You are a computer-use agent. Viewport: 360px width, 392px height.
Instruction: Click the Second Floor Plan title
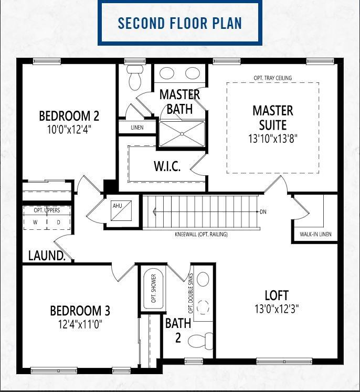tap(180, 23)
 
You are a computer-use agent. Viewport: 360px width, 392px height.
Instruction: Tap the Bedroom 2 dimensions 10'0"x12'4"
tap(69, 130)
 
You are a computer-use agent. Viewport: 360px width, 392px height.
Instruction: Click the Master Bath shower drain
tap(182, 134)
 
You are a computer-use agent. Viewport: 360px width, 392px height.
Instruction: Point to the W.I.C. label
tap(167, 166)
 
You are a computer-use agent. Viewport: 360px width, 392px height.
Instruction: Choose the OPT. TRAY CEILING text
tap(273, 78)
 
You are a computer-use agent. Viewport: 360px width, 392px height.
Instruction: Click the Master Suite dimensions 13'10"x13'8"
tap(273, 139)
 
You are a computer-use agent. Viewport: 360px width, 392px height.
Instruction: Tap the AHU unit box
tap(121, 211)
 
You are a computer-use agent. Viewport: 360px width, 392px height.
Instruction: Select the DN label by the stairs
tap(263, 212)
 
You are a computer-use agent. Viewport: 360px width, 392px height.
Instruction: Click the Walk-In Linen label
tap(315, 234)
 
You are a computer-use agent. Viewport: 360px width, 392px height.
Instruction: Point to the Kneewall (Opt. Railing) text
tap(201, 234)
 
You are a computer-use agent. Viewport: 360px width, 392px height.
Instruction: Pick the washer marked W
tap(35, 222)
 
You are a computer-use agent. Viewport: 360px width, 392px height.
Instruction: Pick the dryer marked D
tap(58, 222)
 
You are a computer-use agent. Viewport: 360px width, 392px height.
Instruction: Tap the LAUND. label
tap(47, 256)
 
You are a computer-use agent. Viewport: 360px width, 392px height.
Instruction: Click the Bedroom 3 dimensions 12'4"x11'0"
tap(80, 324)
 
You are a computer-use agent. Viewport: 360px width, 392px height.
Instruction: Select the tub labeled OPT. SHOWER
tap(153, 288)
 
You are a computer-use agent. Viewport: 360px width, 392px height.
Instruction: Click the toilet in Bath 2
tap(200, 340)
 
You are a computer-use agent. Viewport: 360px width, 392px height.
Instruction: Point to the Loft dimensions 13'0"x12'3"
tap(277, 309)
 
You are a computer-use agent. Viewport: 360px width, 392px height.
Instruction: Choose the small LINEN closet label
tap(137, 128)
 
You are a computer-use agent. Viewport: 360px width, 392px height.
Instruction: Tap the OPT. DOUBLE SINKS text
tap(191, 293)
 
